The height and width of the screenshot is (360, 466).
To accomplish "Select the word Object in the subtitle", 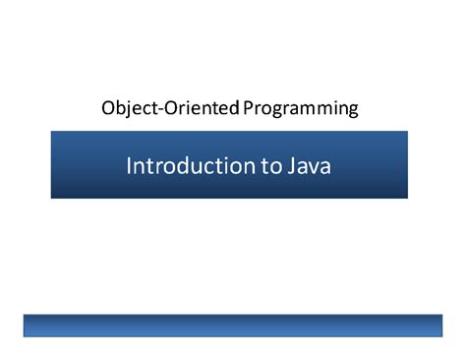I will (x=124, y=107).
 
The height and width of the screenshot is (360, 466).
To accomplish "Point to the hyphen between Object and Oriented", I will (x=150, y=108).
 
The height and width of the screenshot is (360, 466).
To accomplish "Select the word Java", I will (x=309, y=165).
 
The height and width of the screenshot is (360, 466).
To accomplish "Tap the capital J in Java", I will (x=290, y=165).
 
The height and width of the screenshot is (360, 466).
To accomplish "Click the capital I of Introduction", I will (x=129, y=165).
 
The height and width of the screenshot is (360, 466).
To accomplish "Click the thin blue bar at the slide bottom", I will (x=232, y=326).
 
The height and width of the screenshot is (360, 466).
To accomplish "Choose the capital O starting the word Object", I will (x=106, y=107).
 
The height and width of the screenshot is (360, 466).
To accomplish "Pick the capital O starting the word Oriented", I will (x=160, y=107).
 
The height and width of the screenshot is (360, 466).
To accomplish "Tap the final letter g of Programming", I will (x=353, y=109).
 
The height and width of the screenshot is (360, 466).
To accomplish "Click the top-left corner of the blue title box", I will (x=52, y=133).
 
